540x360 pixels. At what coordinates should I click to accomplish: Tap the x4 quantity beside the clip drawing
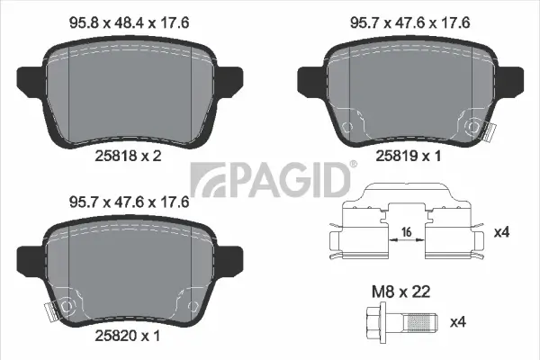(502, 233)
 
